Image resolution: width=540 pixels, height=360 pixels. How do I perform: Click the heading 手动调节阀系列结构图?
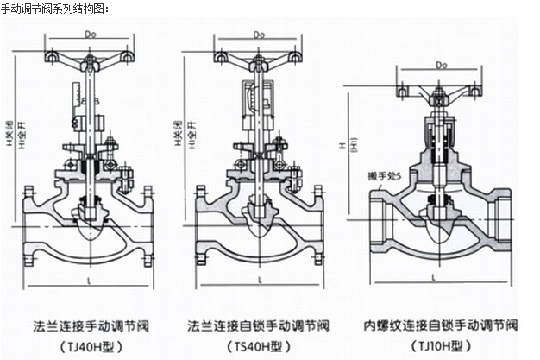coord(54,8)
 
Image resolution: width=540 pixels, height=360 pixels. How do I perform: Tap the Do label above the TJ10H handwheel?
coord(440,64)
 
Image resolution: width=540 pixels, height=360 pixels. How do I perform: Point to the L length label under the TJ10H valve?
coord(442,283)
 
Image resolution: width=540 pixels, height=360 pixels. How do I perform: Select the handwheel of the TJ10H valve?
coord(440,88)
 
